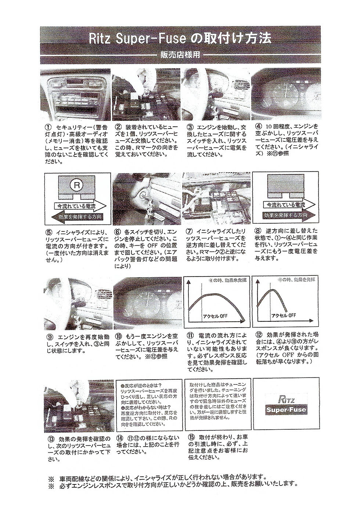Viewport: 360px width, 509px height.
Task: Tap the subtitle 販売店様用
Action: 180,55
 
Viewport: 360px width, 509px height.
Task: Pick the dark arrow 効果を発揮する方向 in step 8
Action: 285,215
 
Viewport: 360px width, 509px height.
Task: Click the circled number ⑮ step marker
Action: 190,437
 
